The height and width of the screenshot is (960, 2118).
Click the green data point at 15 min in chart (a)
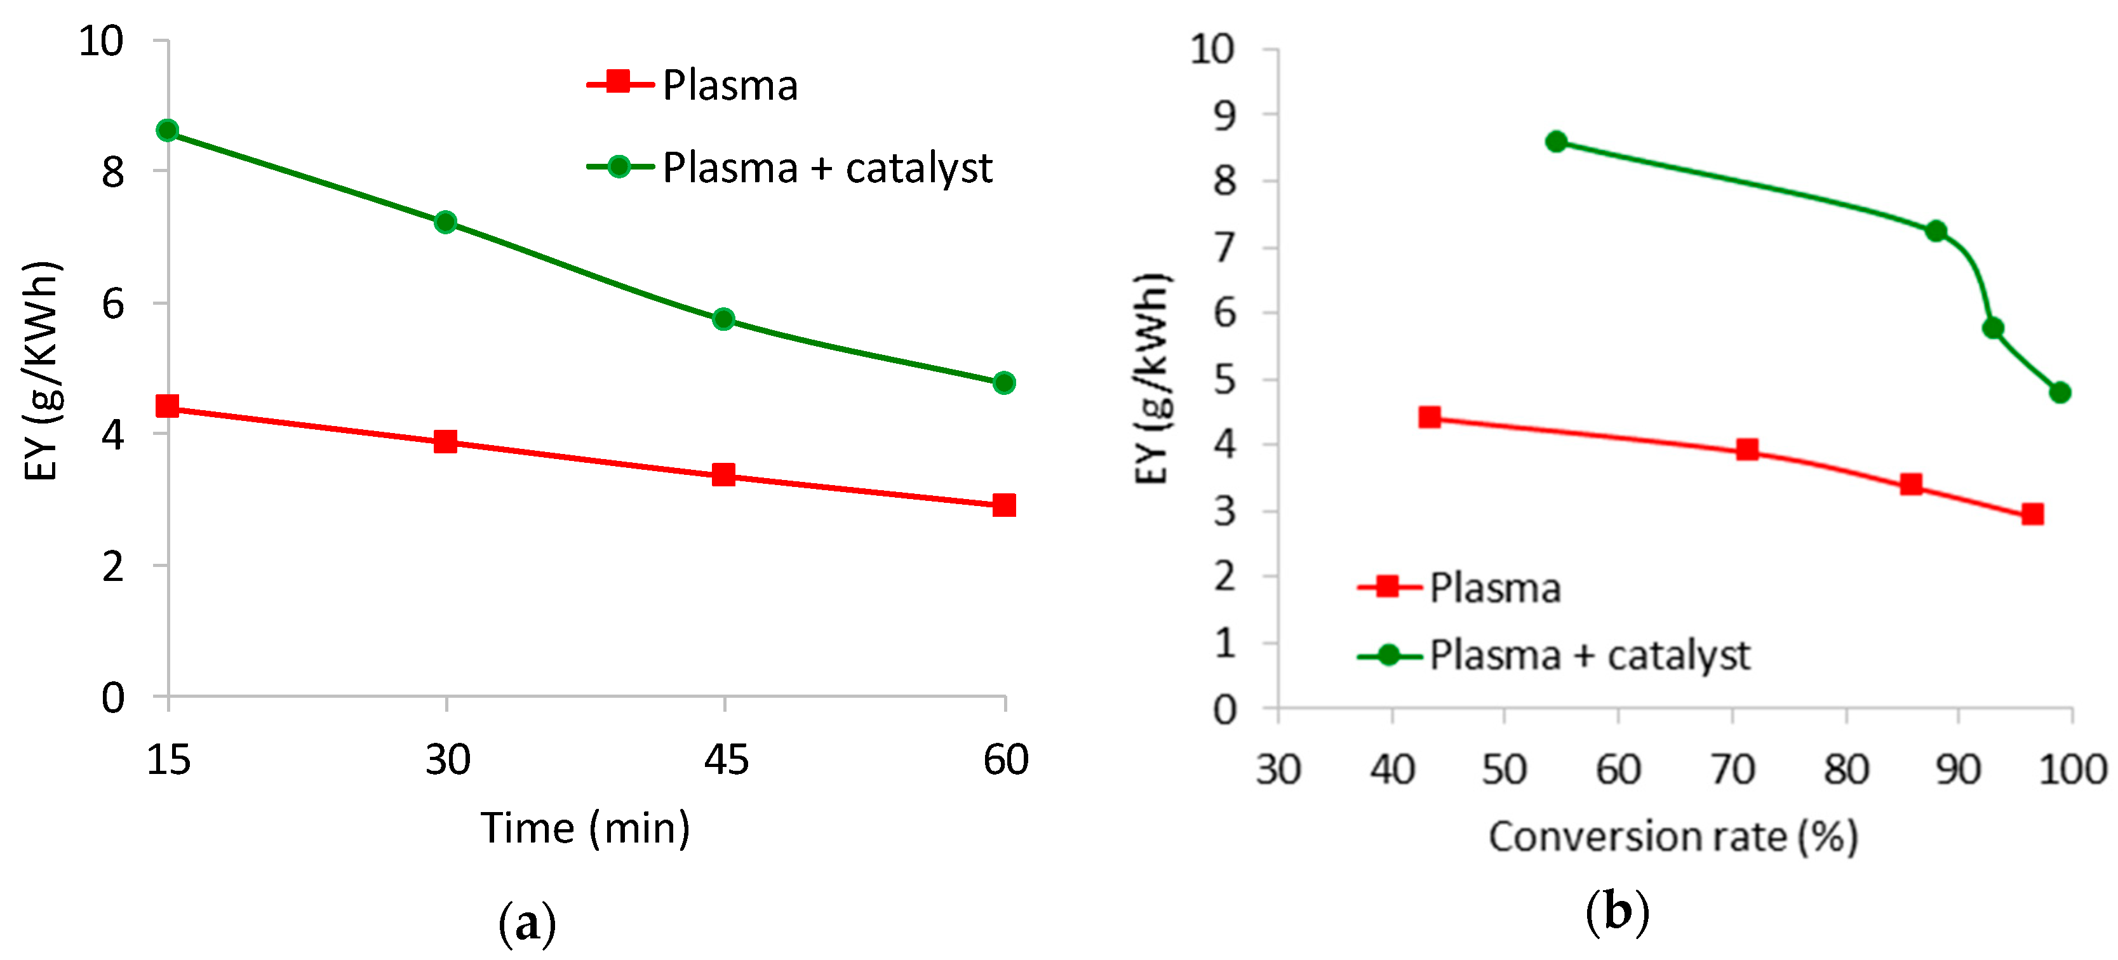click(167, 131)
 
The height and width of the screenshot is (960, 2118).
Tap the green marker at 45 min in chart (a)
click(723, 319)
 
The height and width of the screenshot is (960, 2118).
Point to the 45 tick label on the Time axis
click(726, 759)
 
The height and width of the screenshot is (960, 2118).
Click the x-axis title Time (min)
click(586, 828)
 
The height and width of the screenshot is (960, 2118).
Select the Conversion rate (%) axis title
click(1673, 837)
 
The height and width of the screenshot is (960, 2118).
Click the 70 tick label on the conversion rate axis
click(1733, 770)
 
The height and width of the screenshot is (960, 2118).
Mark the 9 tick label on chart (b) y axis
click(1224, 116)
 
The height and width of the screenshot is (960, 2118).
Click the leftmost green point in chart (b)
click(1555, 142)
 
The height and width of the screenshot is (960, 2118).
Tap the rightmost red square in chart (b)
click(2032, 514)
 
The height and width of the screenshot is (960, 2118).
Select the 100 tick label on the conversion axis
click(2071, 770)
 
